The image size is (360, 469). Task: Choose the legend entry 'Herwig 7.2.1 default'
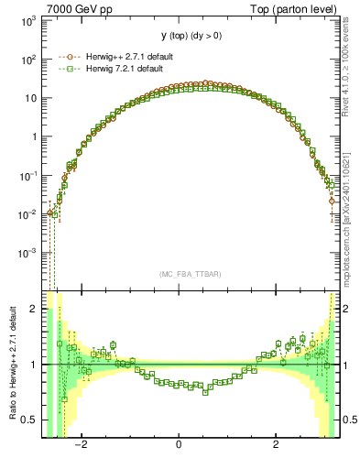pos(129,69)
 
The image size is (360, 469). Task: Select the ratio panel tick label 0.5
pos(29,420)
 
